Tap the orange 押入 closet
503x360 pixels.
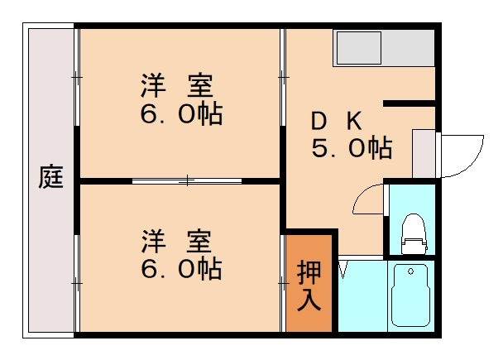click(309, 284)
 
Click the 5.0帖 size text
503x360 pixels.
click(351, 149)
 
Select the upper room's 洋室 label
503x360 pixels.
click(176, 86)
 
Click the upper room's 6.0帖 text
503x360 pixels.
click(180, 113)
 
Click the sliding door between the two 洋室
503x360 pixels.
click(188, 180)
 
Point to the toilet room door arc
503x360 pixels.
click(366, 199)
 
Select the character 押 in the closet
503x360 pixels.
click(309, 271)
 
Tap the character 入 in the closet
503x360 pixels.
click(309, 299)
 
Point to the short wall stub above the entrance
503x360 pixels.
click(410, 103)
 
